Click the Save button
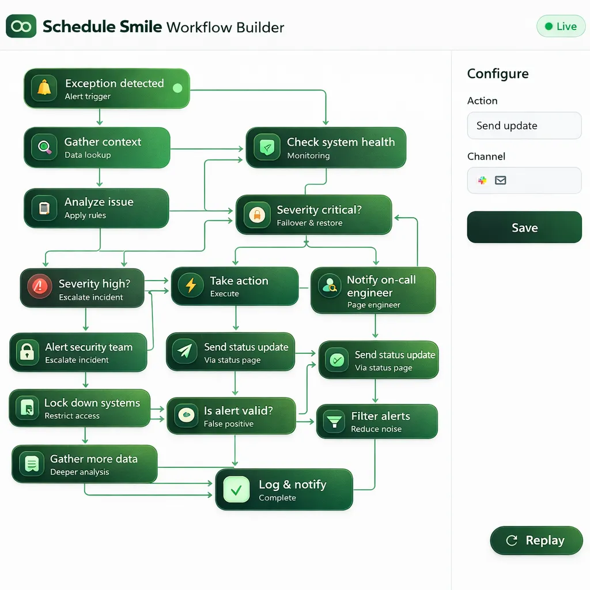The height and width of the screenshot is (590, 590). click(x=524, y=227)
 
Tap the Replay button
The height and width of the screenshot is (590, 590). click(x=536, y=540)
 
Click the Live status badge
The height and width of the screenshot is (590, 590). click(x=561, y=27)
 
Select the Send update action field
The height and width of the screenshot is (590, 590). click(x=524, y=126)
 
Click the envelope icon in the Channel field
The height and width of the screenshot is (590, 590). click(x=500, y=180)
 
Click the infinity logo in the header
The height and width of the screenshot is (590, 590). click(x=21, y=27)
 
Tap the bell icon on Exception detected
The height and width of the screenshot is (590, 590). click(x=44, y=88)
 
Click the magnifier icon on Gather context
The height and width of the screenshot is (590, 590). click(x=45, y=147)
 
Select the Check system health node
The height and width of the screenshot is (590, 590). click(x=326, y=147)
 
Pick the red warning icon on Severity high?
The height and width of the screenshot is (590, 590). click(x=40, y=287)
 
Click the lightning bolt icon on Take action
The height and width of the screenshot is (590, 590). click(x=191, y=285)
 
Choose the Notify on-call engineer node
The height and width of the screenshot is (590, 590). click(x=373, y=290)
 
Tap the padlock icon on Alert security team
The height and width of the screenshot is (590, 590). click(x=27, y=352)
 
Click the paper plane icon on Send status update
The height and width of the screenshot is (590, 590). click(x=185, y=351)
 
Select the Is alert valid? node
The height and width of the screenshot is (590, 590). click(x=231, y=416)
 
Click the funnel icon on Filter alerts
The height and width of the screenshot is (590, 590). click(x=334, y=421)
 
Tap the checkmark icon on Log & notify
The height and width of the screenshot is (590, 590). click(x=236, y=490)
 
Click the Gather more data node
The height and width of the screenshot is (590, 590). click(x=84, y=464)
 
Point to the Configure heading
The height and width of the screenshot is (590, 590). click(x=498, y=74)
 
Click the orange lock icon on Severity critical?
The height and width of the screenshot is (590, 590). click(x=257, y=215)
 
